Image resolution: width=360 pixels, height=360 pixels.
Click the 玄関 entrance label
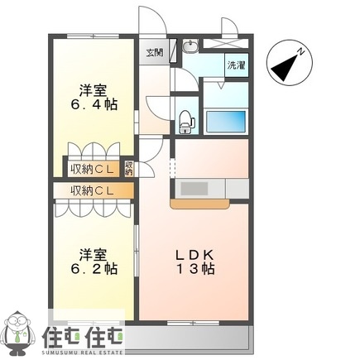155,51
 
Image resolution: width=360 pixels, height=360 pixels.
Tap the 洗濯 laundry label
235,64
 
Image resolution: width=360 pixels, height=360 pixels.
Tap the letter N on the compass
303,51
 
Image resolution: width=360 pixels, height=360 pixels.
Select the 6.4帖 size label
92,105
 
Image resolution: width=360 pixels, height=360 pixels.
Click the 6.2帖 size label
92,269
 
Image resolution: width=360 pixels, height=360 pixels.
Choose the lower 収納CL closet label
92,191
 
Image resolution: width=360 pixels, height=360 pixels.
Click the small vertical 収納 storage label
129,168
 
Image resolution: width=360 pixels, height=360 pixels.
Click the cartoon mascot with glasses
20,334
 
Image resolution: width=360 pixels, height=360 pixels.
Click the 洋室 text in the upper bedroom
92,89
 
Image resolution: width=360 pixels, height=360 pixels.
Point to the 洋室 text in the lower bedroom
92,252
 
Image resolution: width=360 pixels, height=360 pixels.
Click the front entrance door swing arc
150,21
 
